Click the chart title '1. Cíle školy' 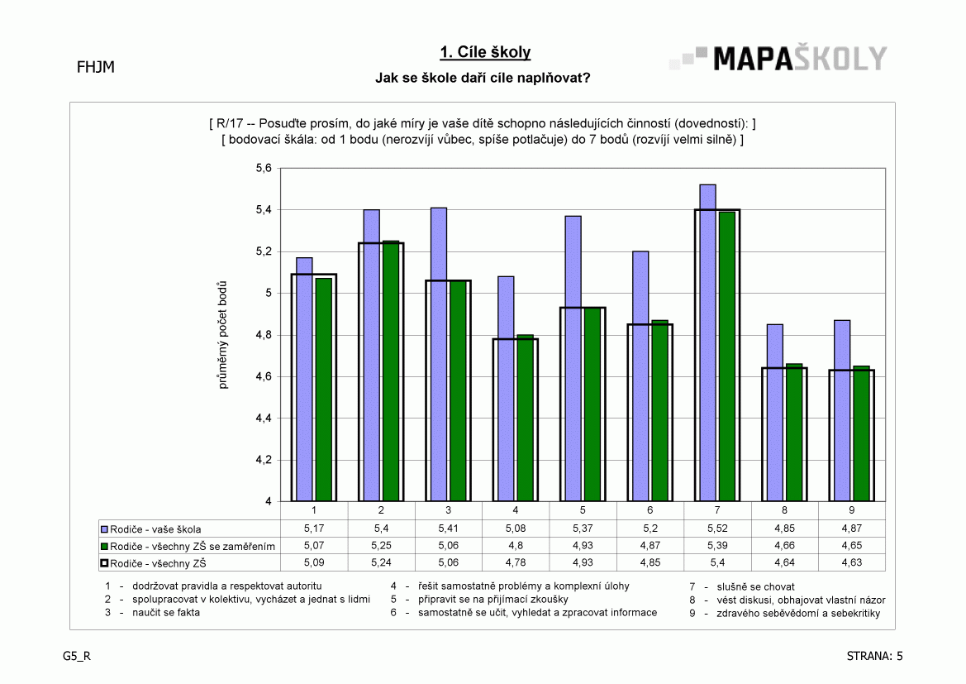485,52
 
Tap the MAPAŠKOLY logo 778,59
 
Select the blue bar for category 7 708,343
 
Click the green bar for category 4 525,419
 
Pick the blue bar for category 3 439,355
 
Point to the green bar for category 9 861,433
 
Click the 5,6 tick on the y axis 264,169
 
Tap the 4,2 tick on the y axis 264,460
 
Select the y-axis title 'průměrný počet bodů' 222,335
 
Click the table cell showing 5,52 717,529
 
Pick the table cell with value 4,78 516,562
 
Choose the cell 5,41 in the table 449,529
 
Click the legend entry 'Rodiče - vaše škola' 151,529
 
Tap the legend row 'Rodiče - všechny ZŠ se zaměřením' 188,547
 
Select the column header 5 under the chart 583,510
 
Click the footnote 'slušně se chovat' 755,587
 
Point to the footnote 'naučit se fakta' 166,612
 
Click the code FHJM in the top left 96,67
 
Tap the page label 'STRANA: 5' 875,656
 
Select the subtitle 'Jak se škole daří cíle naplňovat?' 483,79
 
